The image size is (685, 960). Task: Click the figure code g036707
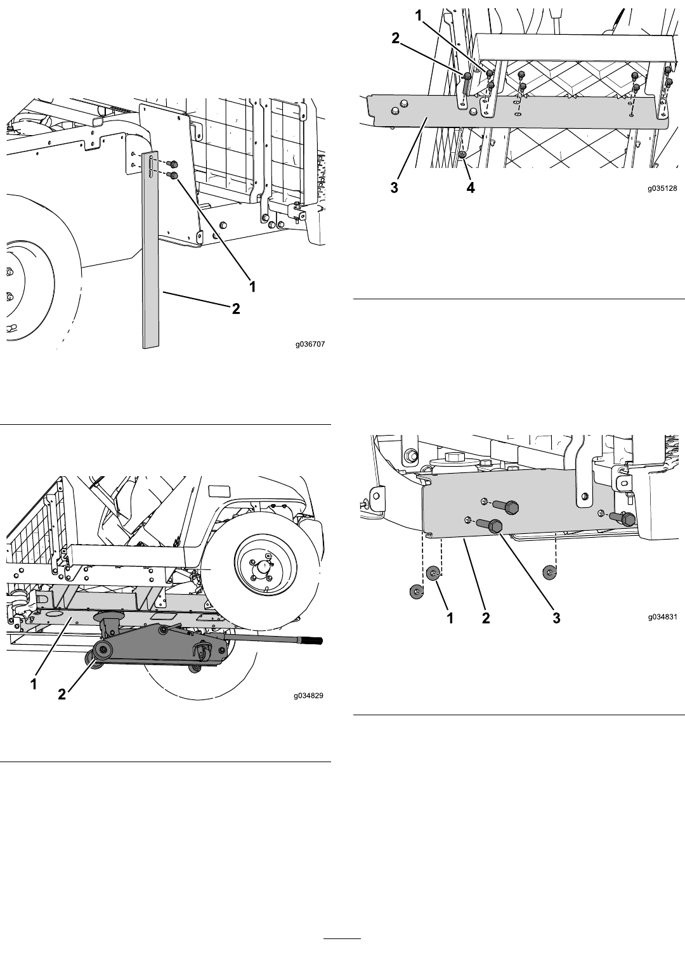310,344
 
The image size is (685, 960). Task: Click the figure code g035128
662,188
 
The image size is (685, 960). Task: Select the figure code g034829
309,696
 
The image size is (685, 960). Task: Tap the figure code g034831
662,618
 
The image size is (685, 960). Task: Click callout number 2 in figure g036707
236,309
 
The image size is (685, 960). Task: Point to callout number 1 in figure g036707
253,287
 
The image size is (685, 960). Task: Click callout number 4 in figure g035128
470,188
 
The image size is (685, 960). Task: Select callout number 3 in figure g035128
395,188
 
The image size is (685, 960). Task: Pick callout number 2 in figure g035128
395,38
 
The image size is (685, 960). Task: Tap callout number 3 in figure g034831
556,618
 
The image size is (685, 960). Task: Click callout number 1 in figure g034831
450,618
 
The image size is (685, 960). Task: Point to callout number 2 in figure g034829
62,694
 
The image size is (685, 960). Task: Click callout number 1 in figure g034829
34,684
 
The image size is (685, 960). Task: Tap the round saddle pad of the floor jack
109,618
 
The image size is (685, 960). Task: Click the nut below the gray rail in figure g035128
463,155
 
